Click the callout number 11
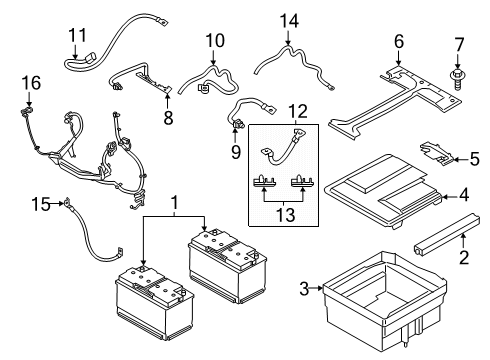pyautogui.click(x=78, y=35)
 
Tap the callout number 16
pyautogui.click(x=31, y=83)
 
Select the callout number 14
pyautogui.click(x=289, y=21)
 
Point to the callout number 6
pyautogui.click(x=399, y=41)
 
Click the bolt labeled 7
pyautogui.click(x=457, y=80)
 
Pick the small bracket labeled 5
pyautogui.click(x=436, y=153)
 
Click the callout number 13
pyautogui.click(x=286, y=215)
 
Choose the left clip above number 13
pyautogui.click(x=264, y=181)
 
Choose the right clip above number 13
pyautogui.click(x=302, y=181)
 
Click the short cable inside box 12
pyautogui.click(x=283, y=148)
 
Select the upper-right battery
pyautogui.click(x=227, y=265)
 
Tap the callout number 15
pyautogui.click(x=41, y=204)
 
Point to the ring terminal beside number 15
pyautogui.click(x=67, y=202)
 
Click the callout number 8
pyautogui.click(x=168, y=117)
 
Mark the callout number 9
pyautogui.click(x=236, y=152)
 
